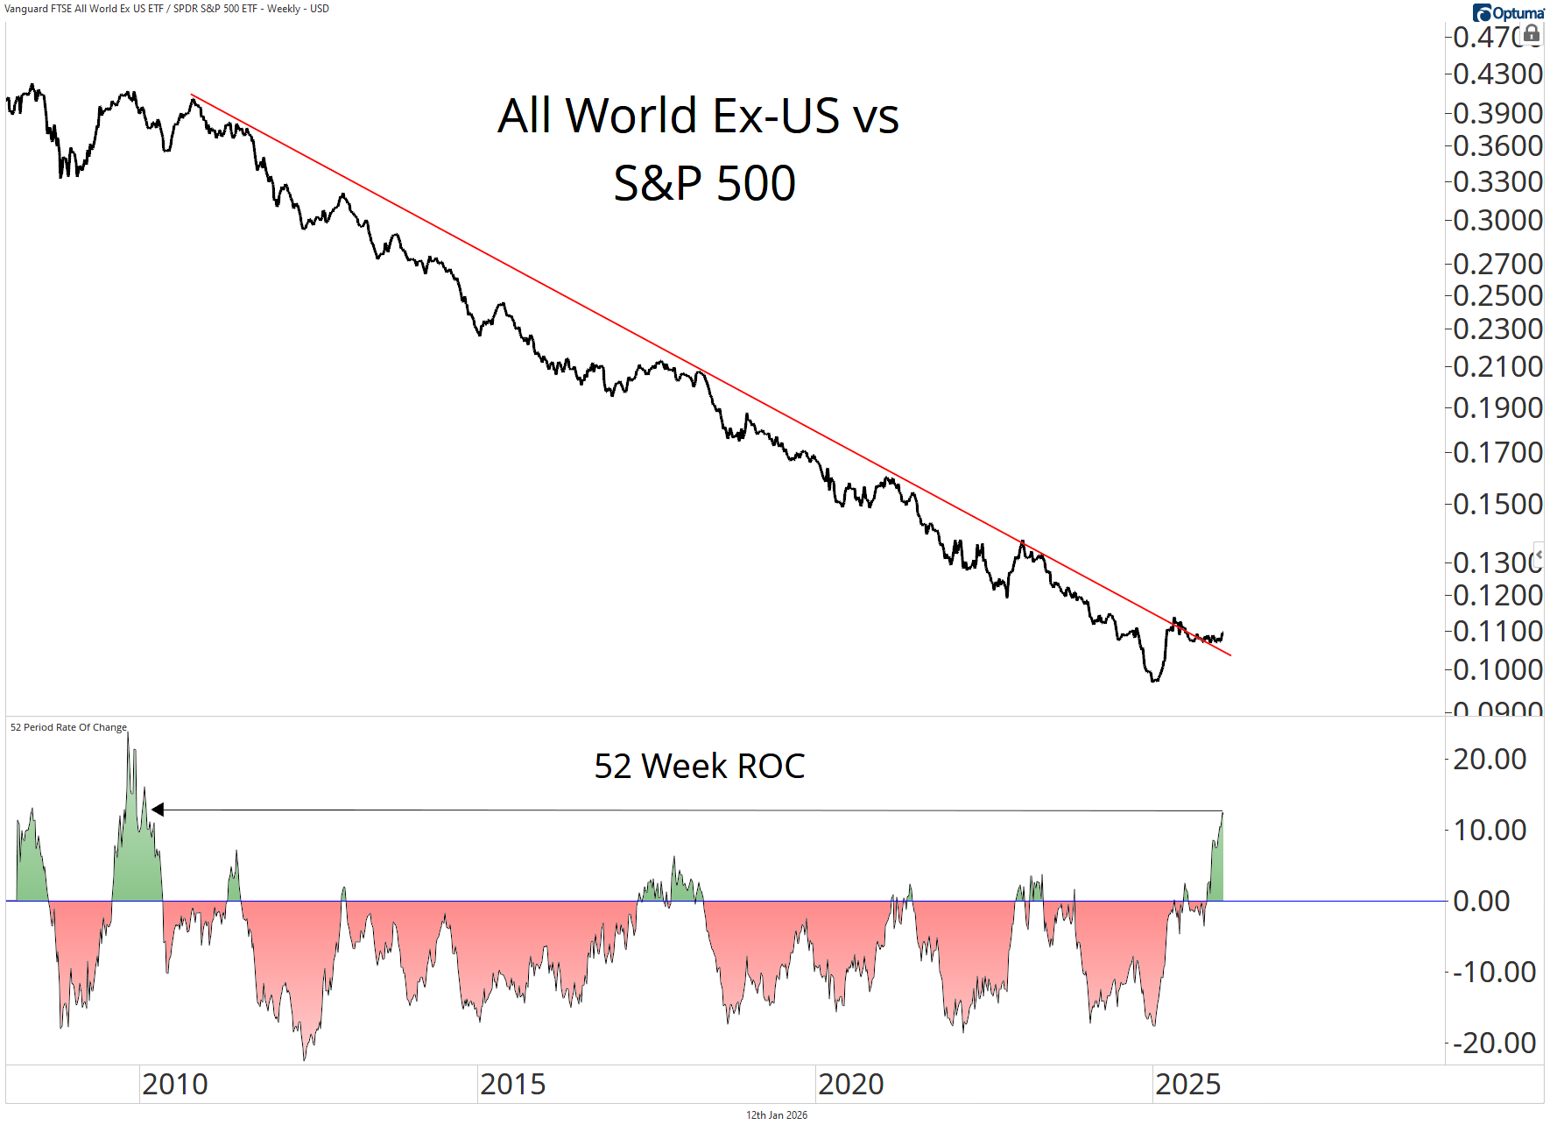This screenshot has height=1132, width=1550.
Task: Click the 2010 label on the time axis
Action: click(175, 1085)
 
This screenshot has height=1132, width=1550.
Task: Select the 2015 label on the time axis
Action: click(512, 1085)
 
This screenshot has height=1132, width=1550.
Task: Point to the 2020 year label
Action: click(850, 1085)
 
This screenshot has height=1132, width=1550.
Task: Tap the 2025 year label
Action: click(1187, 1085)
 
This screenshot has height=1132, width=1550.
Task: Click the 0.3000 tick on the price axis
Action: click(1497, 220)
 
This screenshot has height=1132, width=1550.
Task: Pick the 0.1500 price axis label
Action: click(1497, 504)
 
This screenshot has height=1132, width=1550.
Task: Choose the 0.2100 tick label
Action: click(1497, 366)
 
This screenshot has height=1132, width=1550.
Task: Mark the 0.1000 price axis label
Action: click(1497, 669)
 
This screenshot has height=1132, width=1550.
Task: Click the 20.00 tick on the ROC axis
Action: click(1490, 759)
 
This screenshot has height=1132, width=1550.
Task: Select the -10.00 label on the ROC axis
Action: click(1494, 972)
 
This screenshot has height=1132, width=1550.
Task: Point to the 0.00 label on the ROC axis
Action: click(1481, 901)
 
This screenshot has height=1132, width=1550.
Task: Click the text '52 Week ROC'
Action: click(699, 766)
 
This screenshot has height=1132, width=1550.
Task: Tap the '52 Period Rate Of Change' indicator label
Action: click(68, 727)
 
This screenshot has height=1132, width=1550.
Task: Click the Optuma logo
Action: click(1508, 12)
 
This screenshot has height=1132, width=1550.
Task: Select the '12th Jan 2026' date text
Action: click(777, 1115)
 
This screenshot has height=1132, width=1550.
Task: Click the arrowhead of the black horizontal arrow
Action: click(158, 810)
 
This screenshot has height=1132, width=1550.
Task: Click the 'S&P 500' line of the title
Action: click(704, 184)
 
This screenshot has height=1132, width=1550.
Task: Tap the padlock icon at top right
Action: click(1532, 33)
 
